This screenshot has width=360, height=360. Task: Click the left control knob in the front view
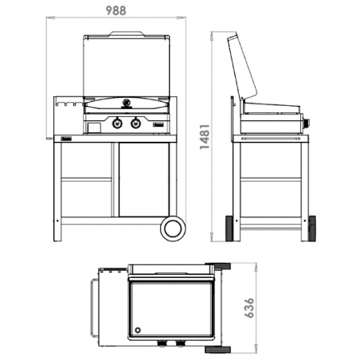point(118,123)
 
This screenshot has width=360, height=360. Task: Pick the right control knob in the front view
point(135,123)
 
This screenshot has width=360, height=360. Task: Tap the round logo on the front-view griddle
point(127,102)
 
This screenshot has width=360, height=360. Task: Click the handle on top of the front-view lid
point(127,34)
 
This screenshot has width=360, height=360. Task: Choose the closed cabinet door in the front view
point(144,179)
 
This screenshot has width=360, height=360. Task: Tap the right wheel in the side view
point(309,228)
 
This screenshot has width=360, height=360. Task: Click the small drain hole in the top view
point(139,330)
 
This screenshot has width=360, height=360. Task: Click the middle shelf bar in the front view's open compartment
point(87,179)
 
